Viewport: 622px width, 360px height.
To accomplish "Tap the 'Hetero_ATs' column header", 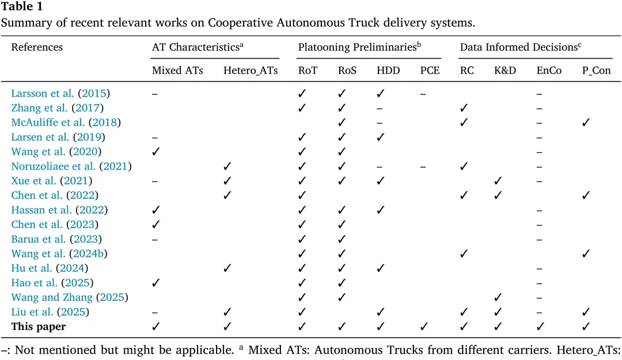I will (251, 71).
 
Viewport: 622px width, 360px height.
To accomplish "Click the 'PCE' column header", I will (430, 71).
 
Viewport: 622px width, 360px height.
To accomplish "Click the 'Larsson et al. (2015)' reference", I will (60, 93).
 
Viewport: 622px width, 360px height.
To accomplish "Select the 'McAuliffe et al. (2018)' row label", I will (66, 122).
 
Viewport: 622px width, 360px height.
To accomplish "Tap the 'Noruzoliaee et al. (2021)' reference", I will (71, 166).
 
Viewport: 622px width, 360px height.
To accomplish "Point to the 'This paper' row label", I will (39, 327).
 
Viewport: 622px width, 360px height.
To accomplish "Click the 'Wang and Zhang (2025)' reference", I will (70, 297).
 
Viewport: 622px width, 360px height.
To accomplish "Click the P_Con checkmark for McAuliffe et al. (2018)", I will (586, 122).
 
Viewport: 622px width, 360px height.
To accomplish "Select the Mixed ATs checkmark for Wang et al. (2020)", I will (155, 151).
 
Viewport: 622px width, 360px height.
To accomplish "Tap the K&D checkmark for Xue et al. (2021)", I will (499, 181).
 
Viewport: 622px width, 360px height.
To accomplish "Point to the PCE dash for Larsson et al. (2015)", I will (423, 93).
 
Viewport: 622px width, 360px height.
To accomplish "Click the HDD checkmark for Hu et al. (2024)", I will (380, 268).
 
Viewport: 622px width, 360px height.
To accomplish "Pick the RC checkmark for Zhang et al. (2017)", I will (464, 108).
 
